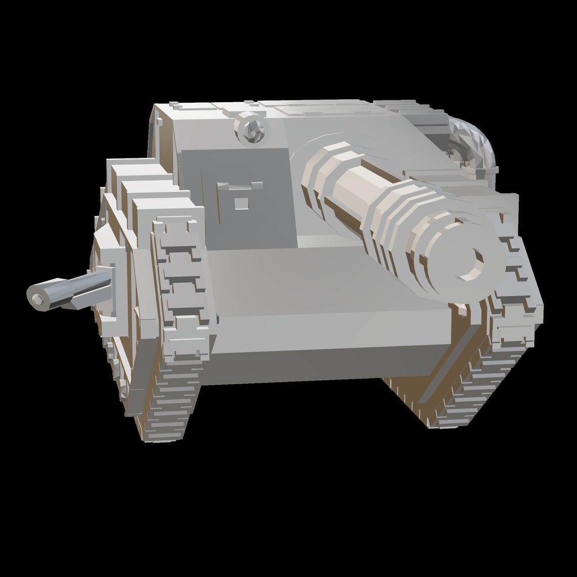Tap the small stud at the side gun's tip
(x=37, y=300)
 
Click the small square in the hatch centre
(x=241, y=202)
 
